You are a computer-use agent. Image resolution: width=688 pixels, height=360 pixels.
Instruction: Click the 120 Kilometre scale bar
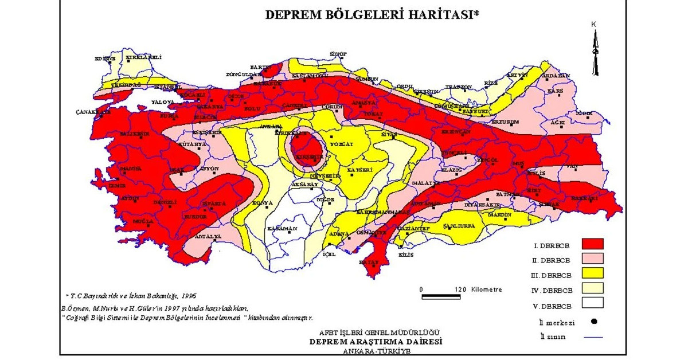(441, 296)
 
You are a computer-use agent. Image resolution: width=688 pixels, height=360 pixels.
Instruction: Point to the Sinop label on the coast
(339, 54)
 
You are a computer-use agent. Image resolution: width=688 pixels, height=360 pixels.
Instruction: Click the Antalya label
(209, 236)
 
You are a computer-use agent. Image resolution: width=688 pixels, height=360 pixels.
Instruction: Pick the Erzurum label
(507, 122)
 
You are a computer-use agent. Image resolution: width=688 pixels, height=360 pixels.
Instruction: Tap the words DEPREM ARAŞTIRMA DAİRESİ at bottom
(376, 342)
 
